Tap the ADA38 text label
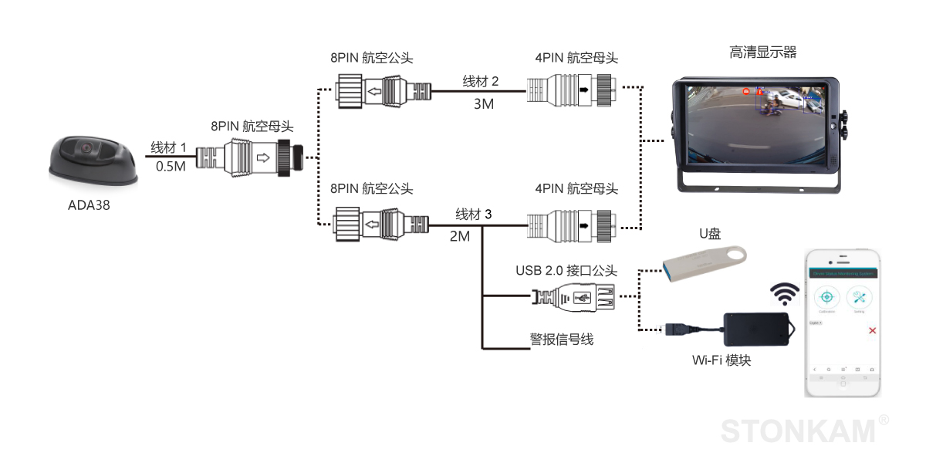(x=89, y=205)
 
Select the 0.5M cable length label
(x=171, y=166)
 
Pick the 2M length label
(x=460, y=236)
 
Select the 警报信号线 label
(x=562, y=340)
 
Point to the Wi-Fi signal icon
(x=786, y=293)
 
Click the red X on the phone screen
(x=872, y=330)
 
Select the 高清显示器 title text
(x=762, y=52)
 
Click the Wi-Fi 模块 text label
(x=722, y=360)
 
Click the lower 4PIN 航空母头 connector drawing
(x=571, y=225)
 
